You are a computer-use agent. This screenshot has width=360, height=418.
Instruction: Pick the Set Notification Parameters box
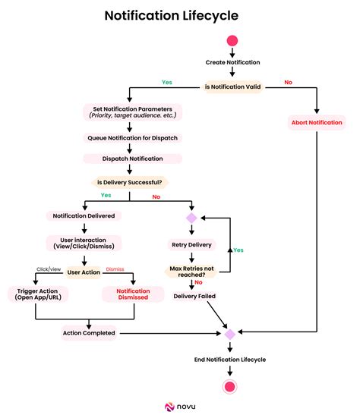(x=132, y=112)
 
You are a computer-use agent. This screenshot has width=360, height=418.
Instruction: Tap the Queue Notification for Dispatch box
(x=132, y=138)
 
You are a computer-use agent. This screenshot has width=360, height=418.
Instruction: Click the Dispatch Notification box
(x=132, y=159)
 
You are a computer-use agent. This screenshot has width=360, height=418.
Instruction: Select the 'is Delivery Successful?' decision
(x=130, y=182)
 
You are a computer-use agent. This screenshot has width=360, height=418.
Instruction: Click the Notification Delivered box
(x=84, y=216)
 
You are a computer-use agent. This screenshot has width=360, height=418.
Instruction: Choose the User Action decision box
(x=84, y=271)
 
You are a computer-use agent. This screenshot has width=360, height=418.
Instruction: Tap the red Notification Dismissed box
(x=133, y=294)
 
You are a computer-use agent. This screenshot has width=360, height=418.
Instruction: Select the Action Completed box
(x=89, y=333)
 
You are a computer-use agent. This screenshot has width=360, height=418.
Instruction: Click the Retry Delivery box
(x=190, y=244)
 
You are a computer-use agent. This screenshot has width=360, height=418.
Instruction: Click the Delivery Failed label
(x=195, y=297)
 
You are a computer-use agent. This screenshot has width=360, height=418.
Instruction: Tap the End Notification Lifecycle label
(x=229, y=360)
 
